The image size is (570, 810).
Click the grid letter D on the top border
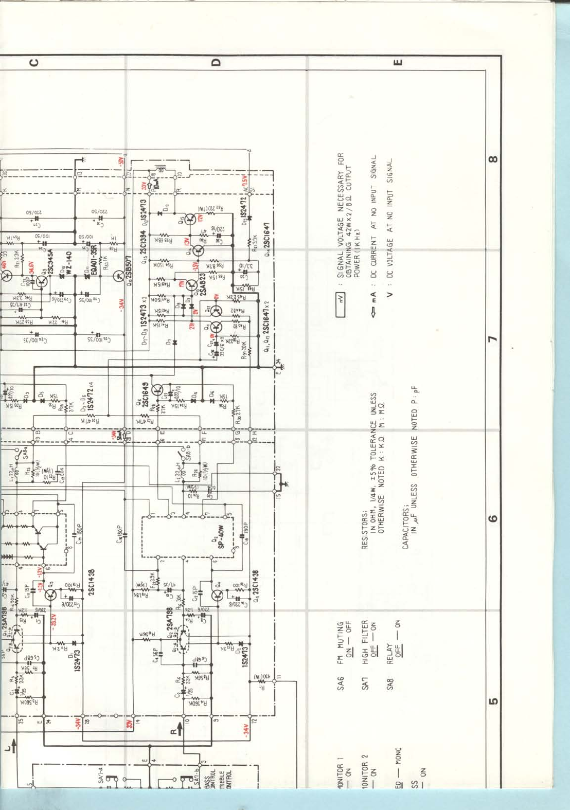point(216,62)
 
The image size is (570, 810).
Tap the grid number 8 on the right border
point(492,159)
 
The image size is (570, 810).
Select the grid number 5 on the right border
point(492,701)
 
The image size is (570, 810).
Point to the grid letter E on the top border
point(397,62)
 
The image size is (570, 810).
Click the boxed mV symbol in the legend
point(340,298)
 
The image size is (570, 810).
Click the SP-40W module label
point(221,536)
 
